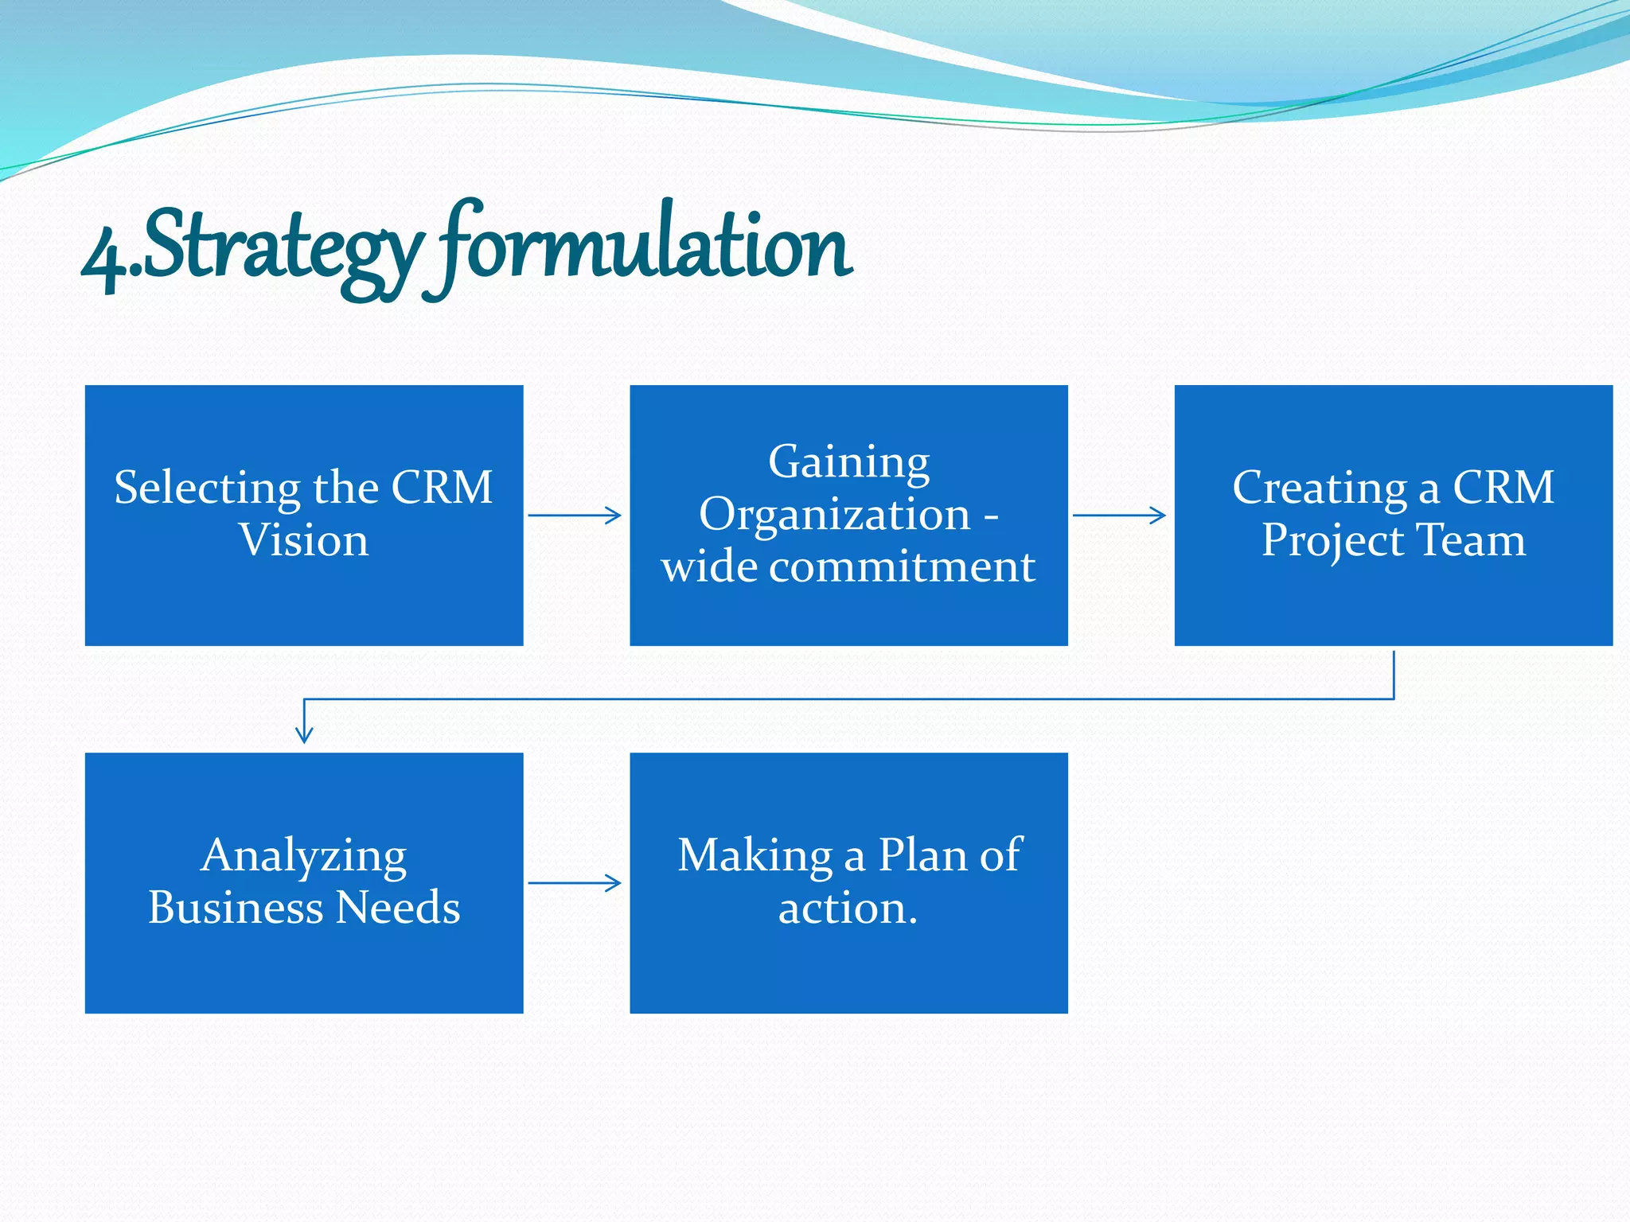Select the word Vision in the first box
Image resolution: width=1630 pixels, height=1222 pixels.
click(304, 540)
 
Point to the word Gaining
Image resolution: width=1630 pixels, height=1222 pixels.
click(848, 461)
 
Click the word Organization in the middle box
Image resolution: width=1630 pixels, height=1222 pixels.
click(834, 515)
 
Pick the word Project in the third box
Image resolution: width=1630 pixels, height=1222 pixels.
click(1332, 542)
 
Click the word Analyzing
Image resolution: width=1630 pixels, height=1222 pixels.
click(304, 857)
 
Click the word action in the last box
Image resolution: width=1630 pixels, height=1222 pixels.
click(843, 909)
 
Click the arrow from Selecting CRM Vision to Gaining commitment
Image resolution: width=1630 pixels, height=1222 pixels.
click(575, 516)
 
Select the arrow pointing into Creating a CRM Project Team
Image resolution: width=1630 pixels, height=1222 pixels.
click(1119, 516)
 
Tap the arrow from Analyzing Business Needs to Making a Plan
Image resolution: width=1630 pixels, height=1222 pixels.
click(575, 883)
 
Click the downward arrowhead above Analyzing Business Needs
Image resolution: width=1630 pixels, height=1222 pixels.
click(304, 733)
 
